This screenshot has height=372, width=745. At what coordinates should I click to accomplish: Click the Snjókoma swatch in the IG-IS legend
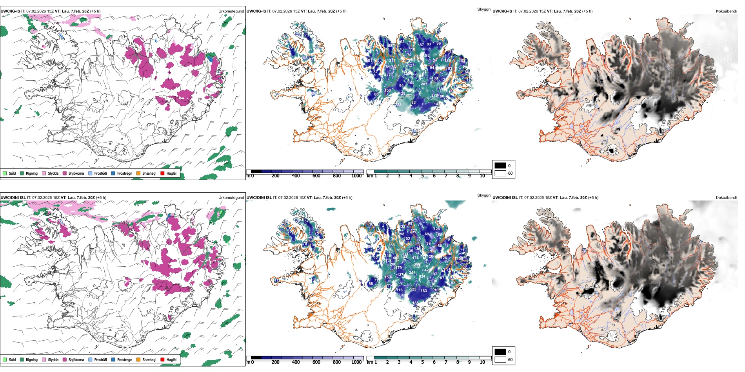tap(65, 173)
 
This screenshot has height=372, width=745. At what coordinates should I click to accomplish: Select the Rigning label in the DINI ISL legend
tap(32, 359)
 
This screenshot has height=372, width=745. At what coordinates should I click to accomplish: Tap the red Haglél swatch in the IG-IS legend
tap(163, 173)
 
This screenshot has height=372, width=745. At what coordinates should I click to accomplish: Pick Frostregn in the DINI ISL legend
tap(125, 359)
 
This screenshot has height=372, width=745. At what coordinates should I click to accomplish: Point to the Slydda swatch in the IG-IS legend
tap(44, 173)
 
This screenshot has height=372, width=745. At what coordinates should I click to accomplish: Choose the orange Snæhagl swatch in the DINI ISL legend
tap(138, 359)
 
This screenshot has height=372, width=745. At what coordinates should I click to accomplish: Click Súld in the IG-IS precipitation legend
tap(12, 173)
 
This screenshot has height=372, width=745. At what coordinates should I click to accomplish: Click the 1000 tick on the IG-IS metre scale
tap(356, 176)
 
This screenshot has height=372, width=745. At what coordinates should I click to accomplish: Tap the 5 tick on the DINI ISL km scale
tap(423, 362)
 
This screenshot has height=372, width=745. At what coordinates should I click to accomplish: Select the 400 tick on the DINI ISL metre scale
tap(296, 362)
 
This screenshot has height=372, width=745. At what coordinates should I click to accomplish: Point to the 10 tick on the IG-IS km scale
tap(482, 176)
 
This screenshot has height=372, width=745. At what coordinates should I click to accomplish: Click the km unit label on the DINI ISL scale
tap(370, 362)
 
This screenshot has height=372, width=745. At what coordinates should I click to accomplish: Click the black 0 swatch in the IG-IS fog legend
tap(500, 166)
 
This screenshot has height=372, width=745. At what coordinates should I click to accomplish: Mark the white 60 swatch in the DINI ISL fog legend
tap(500, 359)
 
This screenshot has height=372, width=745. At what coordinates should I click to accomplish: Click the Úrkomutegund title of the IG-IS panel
tap(231, 11)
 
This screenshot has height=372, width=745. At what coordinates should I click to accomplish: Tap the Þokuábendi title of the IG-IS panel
tap(726, 11)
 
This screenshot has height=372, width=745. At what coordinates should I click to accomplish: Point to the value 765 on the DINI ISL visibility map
tap(399, 250)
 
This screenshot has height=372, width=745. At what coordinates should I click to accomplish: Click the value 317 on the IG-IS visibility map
tap(392, 61)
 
